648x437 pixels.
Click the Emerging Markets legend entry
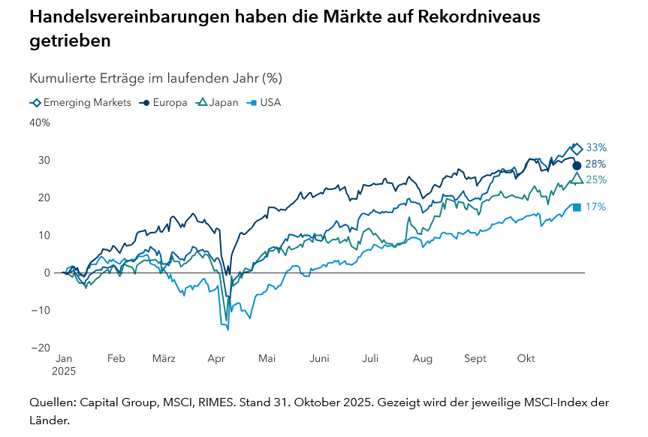point(80,103)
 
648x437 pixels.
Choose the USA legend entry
point(265,103)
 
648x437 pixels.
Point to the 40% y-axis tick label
point(41,122)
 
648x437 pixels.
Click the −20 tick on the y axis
point(41,348)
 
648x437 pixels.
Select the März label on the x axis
point(164,359)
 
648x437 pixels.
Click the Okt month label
point(526,359)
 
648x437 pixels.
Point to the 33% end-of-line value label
point(596,148)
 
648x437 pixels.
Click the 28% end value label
point(596,164)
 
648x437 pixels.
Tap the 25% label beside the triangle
point(596,179)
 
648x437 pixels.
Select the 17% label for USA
point(595,206)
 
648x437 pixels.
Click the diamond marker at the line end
point(577,149)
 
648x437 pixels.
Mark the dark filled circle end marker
point(577,165)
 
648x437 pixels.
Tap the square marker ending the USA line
point(577,207)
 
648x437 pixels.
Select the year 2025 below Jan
point(64,371)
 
